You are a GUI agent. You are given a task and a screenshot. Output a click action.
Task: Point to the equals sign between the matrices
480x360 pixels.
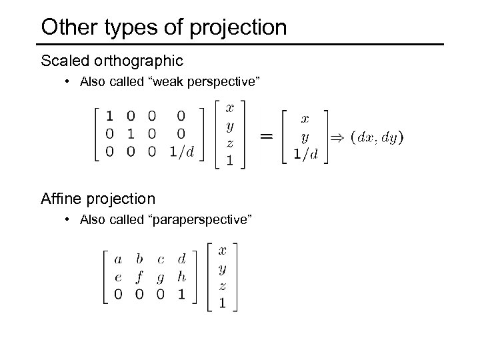click(266, 135)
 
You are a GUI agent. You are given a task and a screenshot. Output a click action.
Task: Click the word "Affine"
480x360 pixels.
click(59, 199)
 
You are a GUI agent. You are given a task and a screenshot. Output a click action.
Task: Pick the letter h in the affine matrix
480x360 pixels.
click(181, 276)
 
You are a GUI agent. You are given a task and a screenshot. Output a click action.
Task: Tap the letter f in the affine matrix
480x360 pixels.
click(139, 277)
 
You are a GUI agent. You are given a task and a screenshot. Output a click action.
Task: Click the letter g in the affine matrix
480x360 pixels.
click(160, 277)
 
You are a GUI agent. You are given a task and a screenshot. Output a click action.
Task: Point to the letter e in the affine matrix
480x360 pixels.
click(118, 276)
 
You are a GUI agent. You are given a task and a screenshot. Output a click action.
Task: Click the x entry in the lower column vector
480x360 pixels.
click(223, 250)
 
